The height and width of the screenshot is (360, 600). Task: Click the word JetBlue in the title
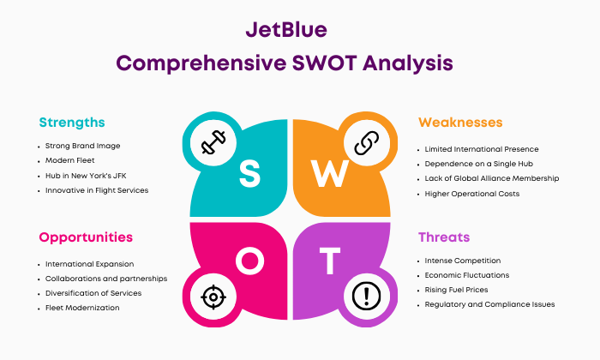click(286, 29)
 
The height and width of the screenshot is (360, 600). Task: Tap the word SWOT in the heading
click(325, 63)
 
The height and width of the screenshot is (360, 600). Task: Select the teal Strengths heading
click(72, 123)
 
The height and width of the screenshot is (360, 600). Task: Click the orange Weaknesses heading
click(460, 123)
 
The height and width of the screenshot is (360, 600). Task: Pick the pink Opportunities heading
click(86, 237)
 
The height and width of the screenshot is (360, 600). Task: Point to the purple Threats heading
click(444, 237)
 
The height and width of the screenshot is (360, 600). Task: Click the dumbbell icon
click(213, 142)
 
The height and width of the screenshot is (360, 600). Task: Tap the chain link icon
click(367, 143)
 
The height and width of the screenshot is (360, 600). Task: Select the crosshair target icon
click(213, 297)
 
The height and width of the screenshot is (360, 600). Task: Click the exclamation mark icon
click(367, 296)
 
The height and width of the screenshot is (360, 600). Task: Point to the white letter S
click(250, 173)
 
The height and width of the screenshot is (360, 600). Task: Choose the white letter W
click(329, 173)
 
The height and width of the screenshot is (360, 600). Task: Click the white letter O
click(250, 261)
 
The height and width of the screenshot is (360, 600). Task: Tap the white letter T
click(330, 261)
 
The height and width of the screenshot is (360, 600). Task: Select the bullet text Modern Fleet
click(69, 160)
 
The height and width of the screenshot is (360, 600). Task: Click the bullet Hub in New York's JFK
click(86, 176)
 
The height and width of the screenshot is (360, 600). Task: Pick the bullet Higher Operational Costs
click(471, 194)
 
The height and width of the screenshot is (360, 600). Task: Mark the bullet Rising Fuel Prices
click(456, 290)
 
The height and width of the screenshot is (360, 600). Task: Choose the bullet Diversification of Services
click(93, 293)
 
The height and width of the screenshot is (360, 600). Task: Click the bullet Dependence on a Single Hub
click(478, 164)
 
